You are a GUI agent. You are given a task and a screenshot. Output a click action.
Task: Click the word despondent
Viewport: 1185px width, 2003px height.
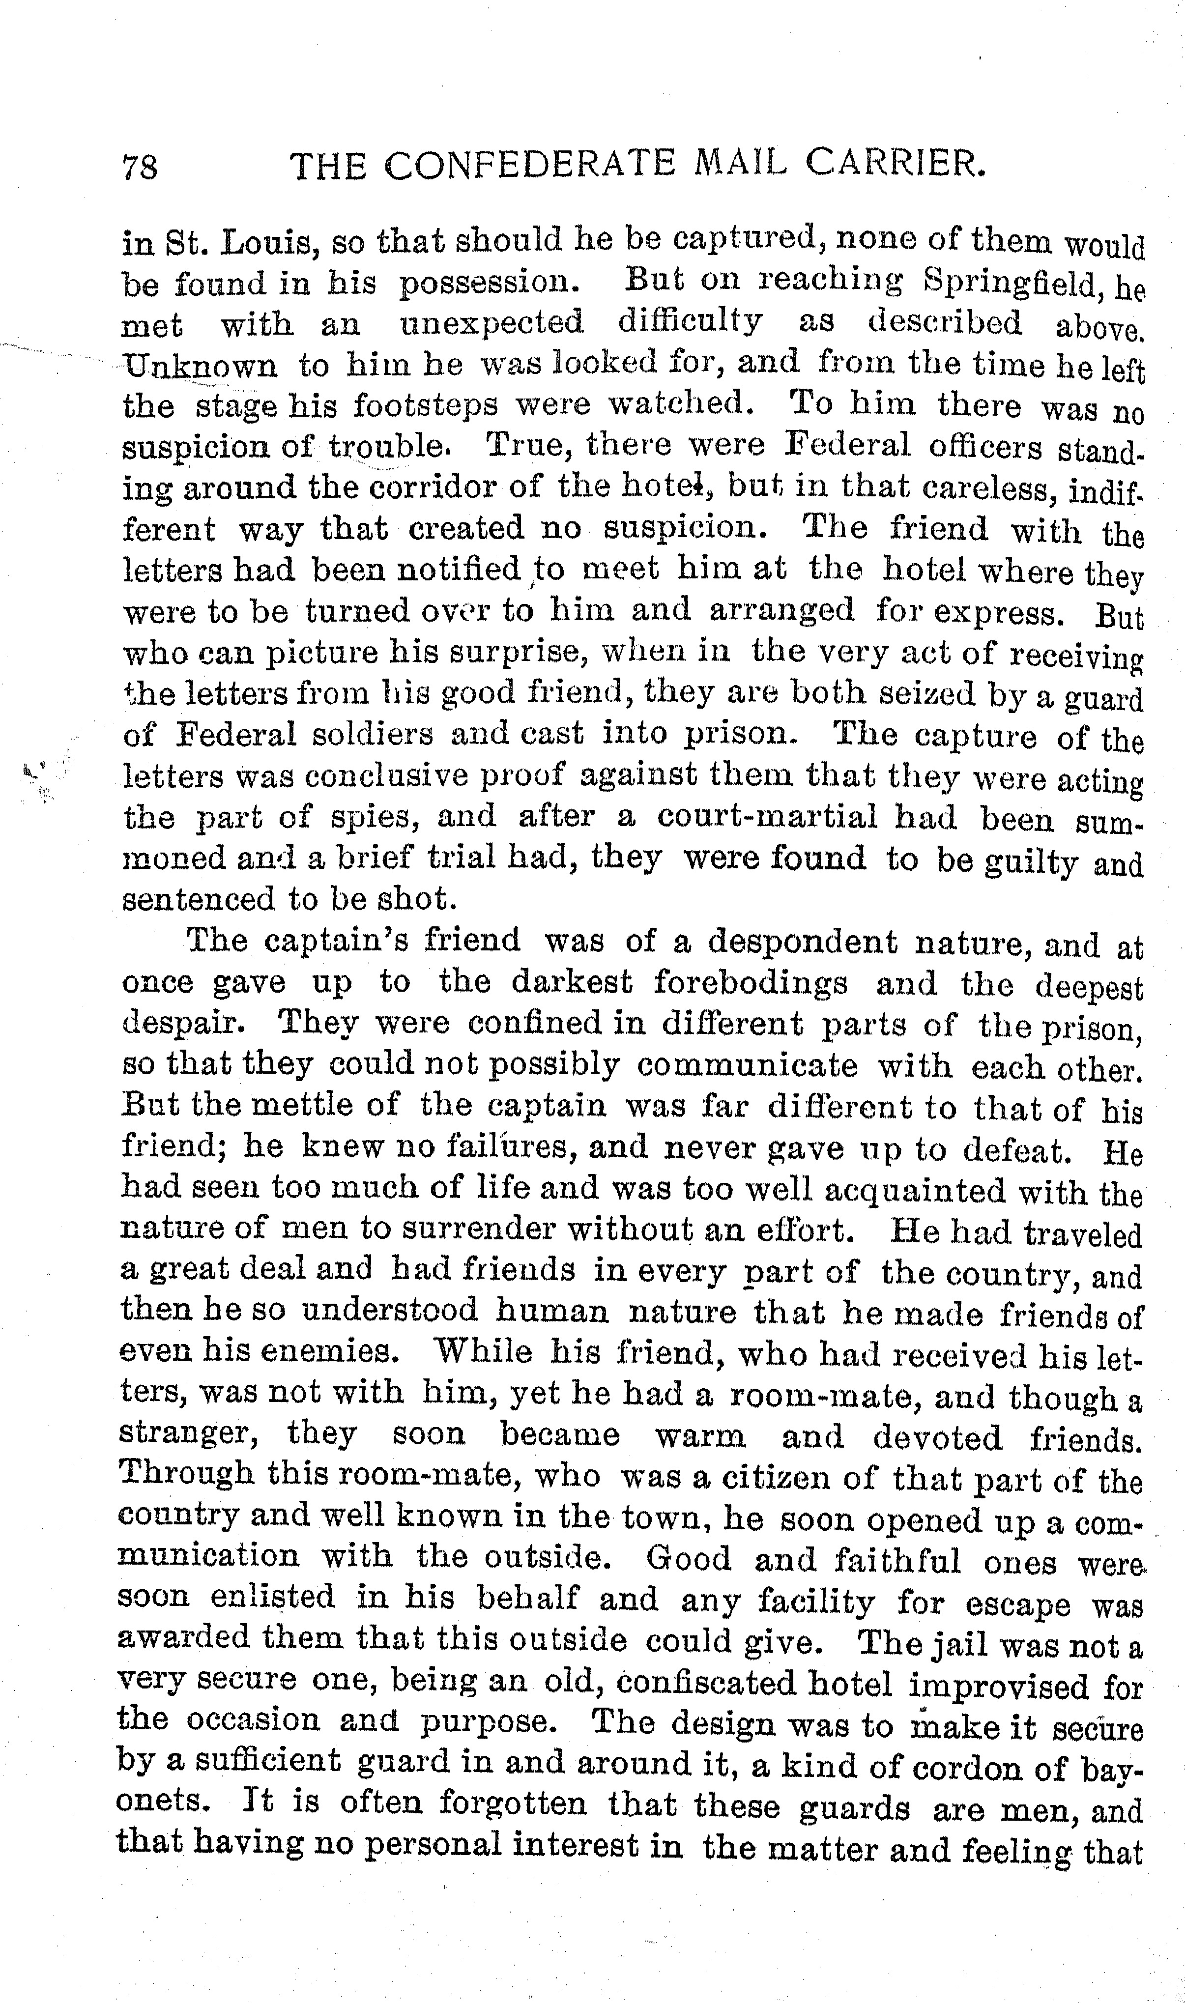point(802,942)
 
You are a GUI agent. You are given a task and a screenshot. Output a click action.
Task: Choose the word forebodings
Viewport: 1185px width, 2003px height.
point(751,983)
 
